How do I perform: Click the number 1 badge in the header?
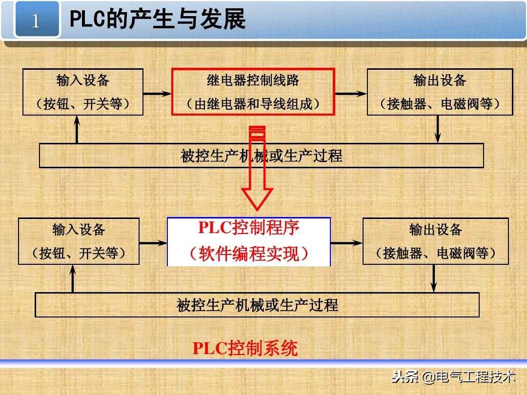click(36, 20)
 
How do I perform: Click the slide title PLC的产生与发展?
click(158, 20)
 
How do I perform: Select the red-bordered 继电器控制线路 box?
click(253, 92)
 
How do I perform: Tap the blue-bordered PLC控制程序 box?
click(249, 241)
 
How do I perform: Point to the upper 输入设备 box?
click(83, 92)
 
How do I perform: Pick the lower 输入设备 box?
click(79, 241)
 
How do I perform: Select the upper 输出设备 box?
click(440, 92)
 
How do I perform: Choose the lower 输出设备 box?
click(436, 241)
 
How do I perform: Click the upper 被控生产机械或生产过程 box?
click(261, 156)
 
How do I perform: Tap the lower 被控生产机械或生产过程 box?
click(257, 305)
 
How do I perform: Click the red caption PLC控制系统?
click(245, 348)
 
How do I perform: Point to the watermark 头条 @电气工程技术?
click(453, 376)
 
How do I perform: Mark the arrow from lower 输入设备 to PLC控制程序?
click(153, 242)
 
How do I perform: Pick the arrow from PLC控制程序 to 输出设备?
click(346, 242)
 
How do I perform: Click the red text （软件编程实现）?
click(249, 254)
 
